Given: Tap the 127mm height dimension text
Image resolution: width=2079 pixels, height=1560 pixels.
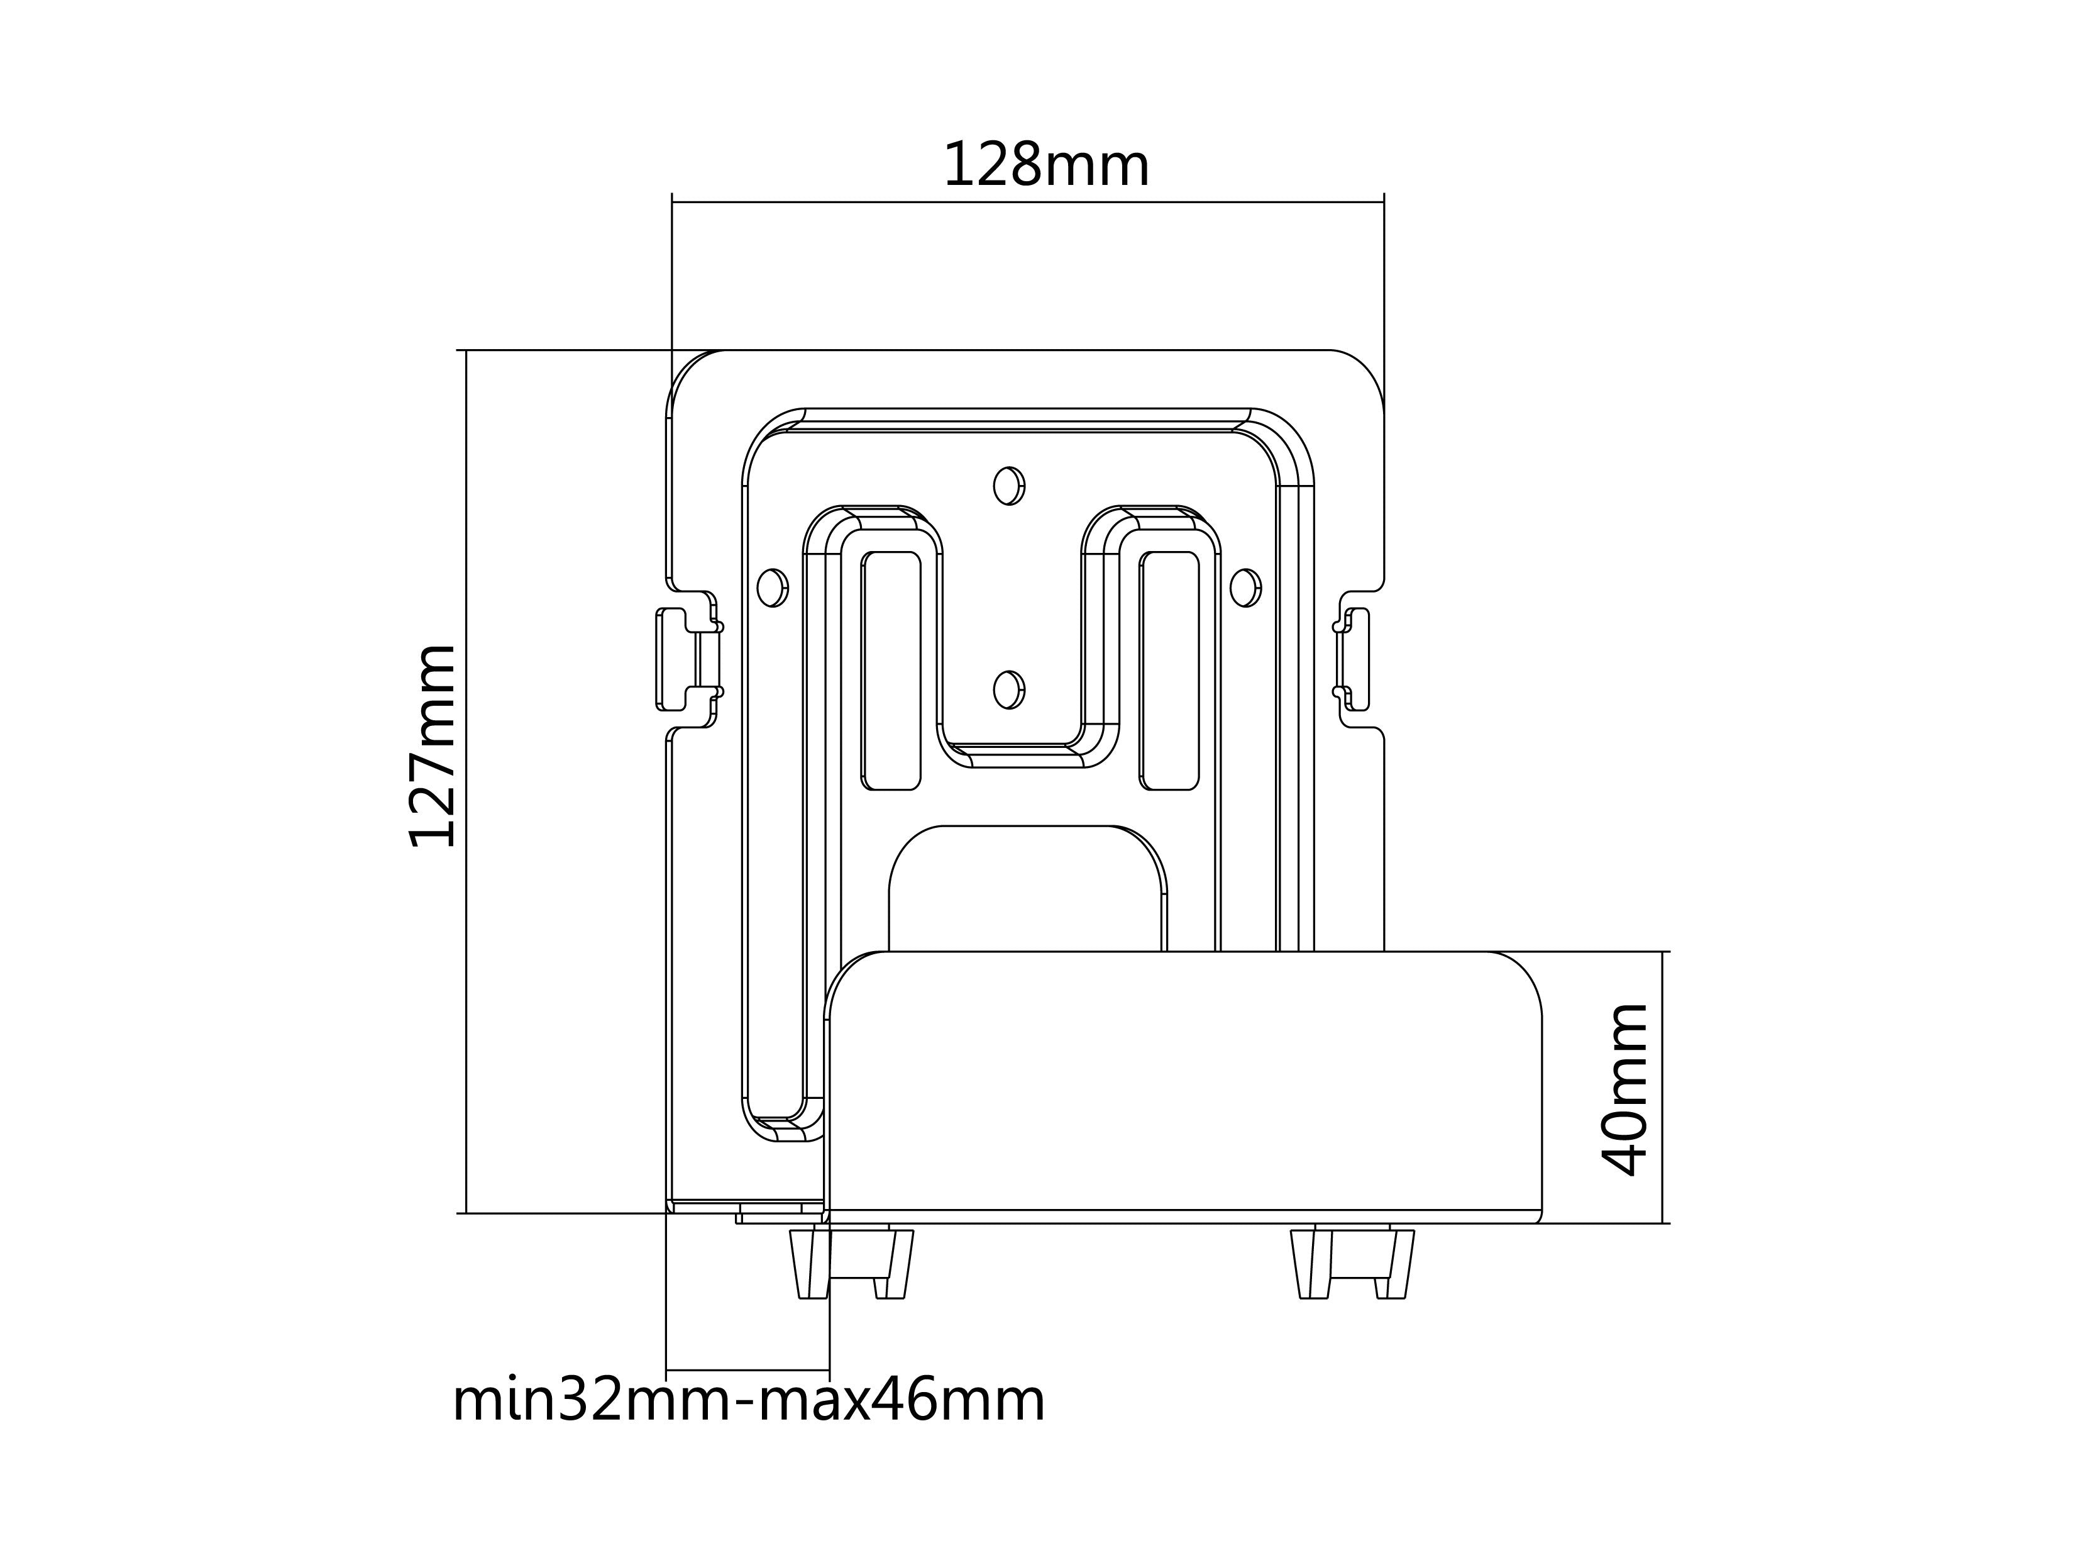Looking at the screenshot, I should point(433,745).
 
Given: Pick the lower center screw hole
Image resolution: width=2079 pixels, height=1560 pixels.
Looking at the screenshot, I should point(1008,690).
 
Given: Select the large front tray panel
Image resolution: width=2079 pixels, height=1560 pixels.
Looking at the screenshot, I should point(1184,1081).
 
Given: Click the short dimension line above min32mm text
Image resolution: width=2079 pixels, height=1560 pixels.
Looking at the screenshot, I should point(748,1370).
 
